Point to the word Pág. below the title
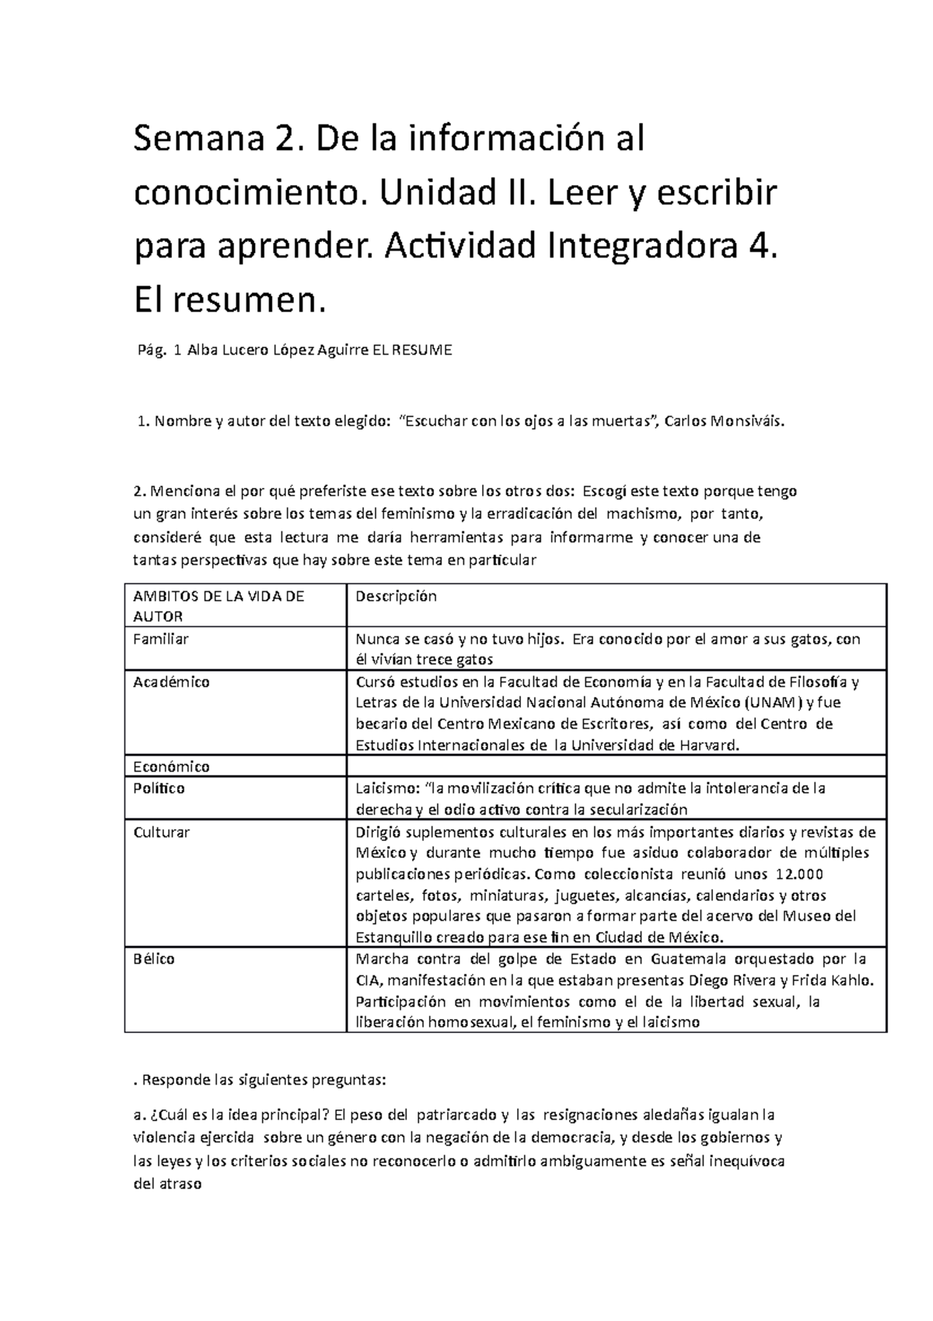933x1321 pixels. click(x=152, y=351)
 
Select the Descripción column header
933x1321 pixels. click(x=396, y=597)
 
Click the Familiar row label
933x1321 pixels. click(x=161, y=639)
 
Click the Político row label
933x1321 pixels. click(x=159, y=788)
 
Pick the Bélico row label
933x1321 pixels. click(x=154, y=958)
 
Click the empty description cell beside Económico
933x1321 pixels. click(x=616, y=766)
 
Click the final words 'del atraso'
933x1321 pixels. click(x=168, y=1185)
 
